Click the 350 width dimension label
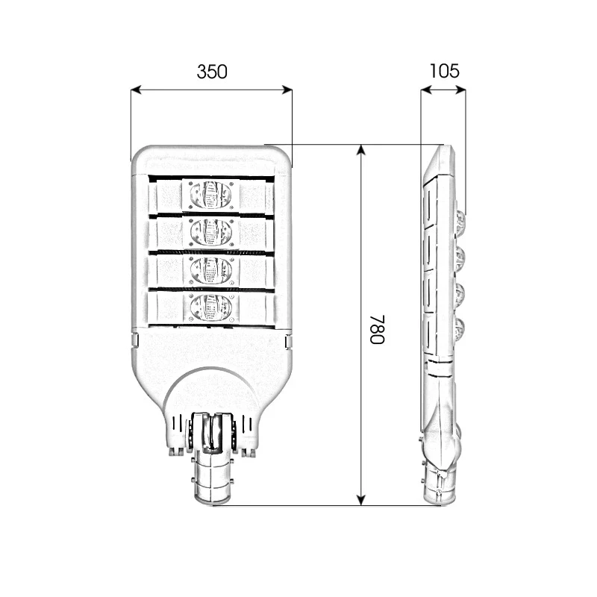211,72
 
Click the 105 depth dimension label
444,72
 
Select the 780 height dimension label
377,329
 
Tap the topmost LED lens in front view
210,196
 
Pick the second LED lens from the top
210,232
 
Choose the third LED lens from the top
210,270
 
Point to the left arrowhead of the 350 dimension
135,90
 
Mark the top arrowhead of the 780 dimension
361,149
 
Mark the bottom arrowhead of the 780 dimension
361,501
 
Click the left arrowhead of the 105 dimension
424,90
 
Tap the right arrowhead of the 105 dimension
462,90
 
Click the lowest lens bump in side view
460,328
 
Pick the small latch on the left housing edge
134,341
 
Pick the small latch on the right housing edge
288,341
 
